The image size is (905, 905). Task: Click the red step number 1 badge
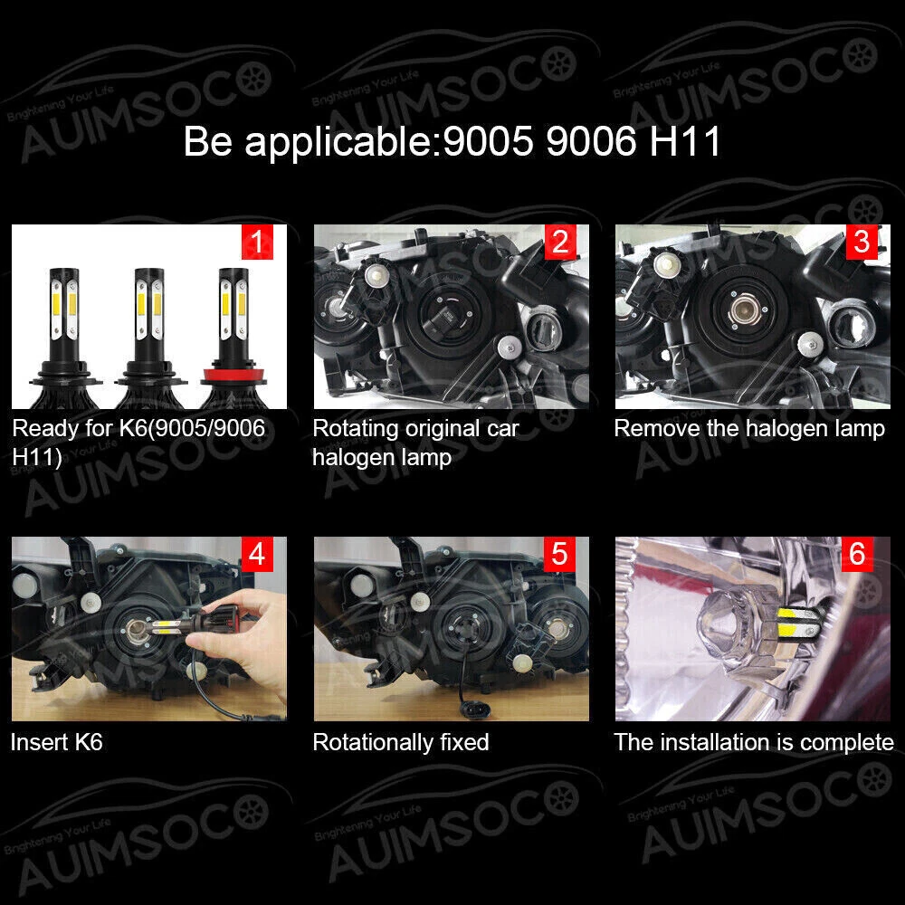pos(257,242)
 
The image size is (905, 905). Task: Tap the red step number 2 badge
pos(560,242)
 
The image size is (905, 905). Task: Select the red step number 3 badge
pos(862,242)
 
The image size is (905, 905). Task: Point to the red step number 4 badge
pos(257,554)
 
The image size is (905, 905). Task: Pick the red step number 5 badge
pos(560,554)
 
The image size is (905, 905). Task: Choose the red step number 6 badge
pos(857,554)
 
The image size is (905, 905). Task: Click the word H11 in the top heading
pos(685,141)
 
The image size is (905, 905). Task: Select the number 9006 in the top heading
pos(590,141)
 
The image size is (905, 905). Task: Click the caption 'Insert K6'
pos(56,742)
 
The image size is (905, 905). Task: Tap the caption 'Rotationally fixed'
pos(401,742)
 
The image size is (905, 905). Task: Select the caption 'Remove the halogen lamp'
pos(749,428)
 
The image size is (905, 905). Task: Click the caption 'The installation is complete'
pos(754,742)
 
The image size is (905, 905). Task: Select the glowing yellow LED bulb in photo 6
pos(798,628)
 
